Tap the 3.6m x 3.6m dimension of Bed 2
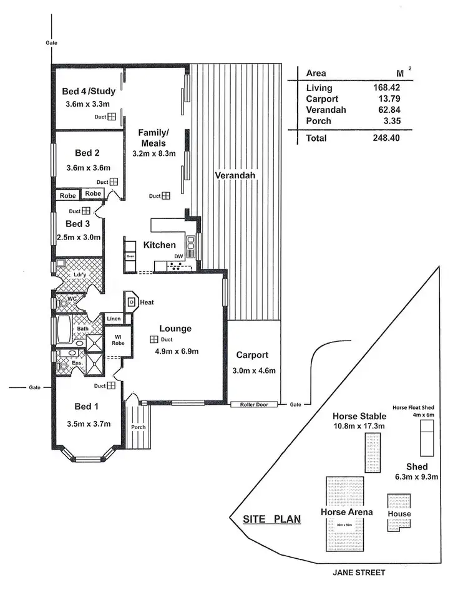pyautogui.click(x=88, y=167)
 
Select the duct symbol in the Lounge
pyautogui.click(x=153, y=339)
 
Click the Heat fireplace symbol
pyautogui.click(x=132, y=301)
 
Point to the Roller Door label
pyautogui.click(x=253, y=405)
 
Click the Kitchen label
pyautogui.click(x=160, y=245)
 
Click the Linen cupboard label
pyautogui.click(x=113, y=319)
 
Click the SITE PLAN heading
pyautogui.click(x=271, y=518)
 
